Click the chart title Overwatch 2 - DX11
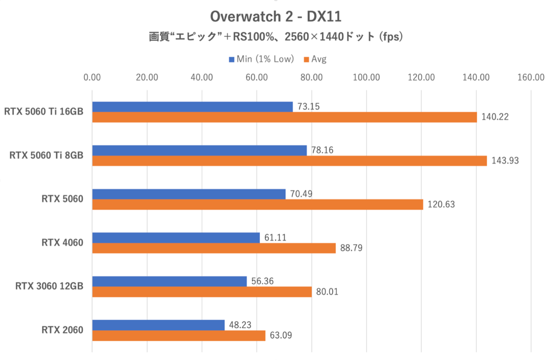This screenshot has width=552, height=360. point(276,17)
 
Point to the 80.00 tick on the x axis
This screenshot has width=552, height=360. point(312,77)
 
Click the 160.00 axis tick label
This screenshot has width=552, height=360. point(531,77)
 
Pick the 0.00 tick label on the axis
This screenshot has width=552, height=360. point(92,77)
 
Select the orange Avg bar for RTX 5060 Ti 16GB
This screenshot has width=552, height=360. point(285,117)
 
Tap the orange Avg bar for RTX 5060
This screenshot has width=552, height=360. point(258,205)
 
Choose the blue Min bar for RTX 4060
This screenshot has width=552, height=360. point(176,238)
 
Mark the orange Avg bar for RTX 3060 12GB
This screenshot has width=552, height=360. point(202,292)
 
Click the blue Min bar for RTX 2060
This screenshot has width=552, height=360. point(158,325)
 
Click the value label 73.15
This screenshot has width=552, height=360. point(309,106)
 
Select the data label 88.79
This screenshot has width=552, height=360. point(351,249)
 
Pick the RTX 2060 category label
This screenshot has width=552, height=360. point(62,330)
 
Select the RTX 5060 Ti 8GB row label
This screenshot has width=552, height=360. point(46,156)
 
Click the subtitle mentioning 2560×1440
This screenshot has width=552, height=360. point(276,37)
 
